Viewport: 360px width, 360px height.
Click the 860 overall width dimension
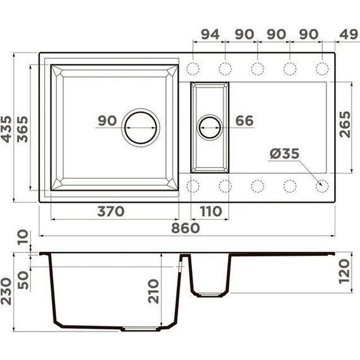click(186, 228)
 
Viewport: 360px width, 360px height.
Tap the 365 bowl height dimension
click(23, 129)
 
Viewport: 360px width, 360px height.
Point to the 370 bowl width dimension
click(111, 211)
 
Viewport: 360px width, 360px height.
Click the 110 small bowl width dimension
click(211, 211)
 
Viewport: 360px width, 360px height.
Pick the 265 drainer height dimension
click(345, 124)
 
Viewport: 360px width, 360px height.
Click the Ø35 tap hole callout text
click(284, 153)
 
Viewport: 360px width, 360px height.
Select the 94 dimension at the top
click(210, 34)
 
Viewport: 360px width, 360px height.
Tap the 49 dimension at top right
click(349, 34)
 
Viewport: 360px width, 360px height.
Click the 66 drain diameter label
click(244, 121)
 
